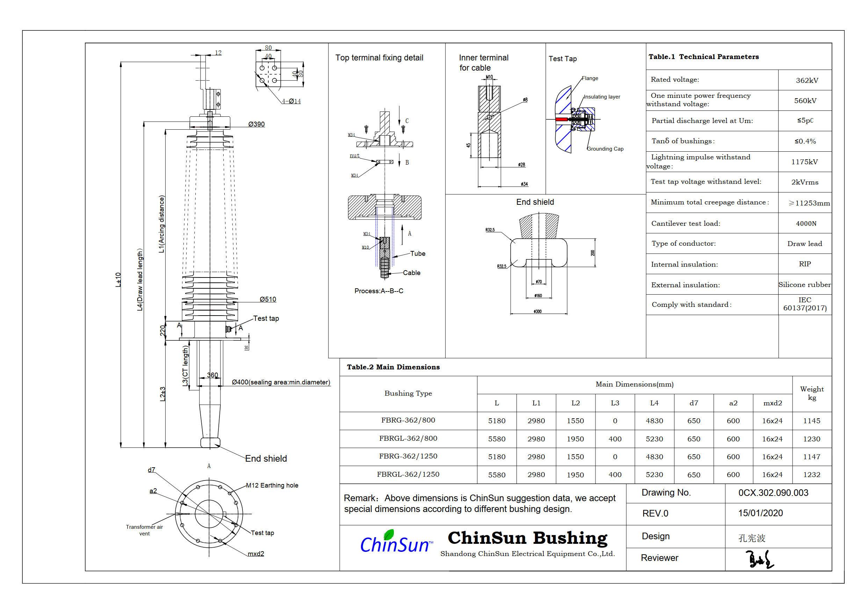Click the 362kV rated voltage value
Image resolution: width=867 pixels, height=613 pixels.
pyautogui.click(x=807, y=80)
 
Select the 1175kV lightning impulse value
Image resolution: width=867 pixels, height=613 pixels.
pyautogui.click(x=804, y=162)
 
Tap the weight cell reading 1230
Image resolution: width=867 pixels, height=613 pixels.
pyautogui.click(x=811, y=439)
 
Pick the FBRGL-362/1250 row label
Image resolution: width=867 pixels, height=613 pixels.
pyautogui.click(x=408, y=474)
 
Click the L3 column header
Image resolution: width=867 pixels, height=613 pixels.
pyautogui.click(x=615, y=403)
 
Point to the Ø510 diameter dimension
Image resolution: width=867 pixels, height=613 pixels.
pyautogui.click(x=268, y=299)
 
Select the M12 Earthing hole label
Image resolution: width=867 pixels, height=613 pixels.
pyautogui.click(x=272, y=485)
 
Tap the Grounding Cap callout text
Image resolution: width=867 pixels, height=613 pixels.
pyautogui.click(x=605, y=149)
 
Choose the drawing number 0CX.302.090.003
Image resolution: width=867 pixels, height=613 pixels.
pyautogui.click(x=773, y=493)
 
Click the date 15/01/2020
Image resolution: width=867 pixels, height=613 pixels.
pyautogui.click(x=760, y=513)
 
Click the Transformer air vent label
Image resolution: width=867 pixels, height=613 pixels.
pyautogui.click(x=144, y=530)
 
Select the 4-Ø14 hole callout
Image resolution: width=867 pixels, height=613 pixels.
pyautogui.click(x=291, y=101)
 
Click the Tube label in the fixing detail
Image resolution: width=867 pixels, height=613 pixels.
pyautogui.click(x=418, y=253)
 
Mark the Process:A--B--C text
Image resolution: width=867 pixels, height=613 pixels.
pyautogui.click(x=378, y=291)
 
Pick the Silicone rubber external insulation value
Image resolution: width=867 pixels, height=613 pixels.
pyautogui.click(x=804, y=285)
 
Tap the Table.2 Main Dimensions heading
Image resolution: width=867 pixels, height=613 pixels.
pyautogui.click(x=393, y=367)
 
